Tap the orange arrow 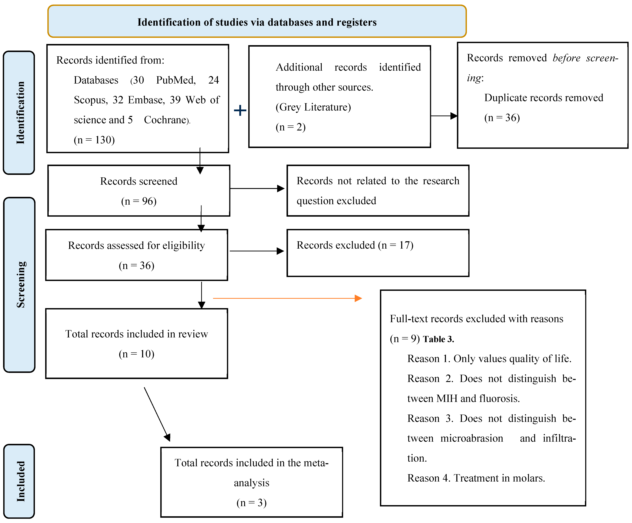(x=287, y=298)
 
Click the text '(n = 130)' (x=94, y=140)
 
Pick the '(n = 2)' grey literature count (x=290, y=127)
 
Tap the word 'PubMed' (x=176, y=80)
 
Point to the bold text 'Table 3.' (x=438, y=339)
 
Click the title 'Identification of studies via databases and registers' (x=257, y=22)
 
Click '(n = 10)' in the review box (x=137, y=354)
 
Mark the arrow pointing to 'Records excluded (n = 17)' (x=257, y=251)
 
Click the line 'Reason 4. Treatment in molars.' (x=476, y=478)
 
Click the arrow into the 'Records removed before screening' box (x=444, y=116)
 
